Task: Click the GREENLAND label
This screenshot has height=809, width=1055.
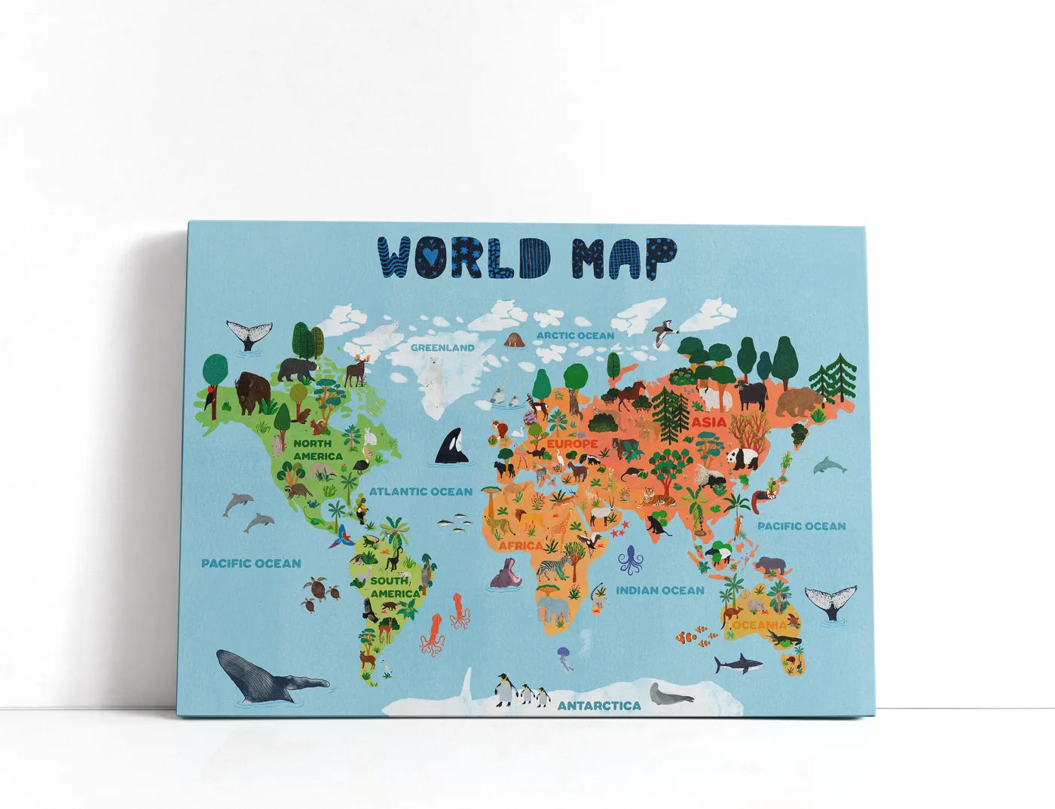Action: tap(442, 348)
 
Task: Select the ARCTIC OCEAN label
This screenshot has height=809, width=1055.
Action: tap(575, 334)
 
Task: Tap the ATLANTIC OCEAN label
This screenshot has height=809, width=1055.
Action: tap(420, 492)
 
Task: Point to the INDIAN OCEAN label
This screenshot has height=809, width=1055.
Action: tap(660, 591)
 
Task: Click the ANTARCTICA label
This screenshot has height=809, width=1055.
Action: tap(599, 706)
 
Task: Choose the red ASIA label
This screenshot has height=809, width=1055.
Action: tap(709, 423)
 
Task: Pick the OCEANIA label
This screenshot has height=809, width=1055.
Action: tap(759, 625)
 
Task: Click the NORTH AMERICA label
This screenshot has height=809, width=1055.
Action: tap(317, 450)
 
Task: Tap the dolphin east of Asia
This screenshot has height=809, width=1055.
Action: tap(830, 465)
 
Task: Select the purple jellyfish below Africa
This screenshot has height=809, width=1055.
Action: tap(564, 655)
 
